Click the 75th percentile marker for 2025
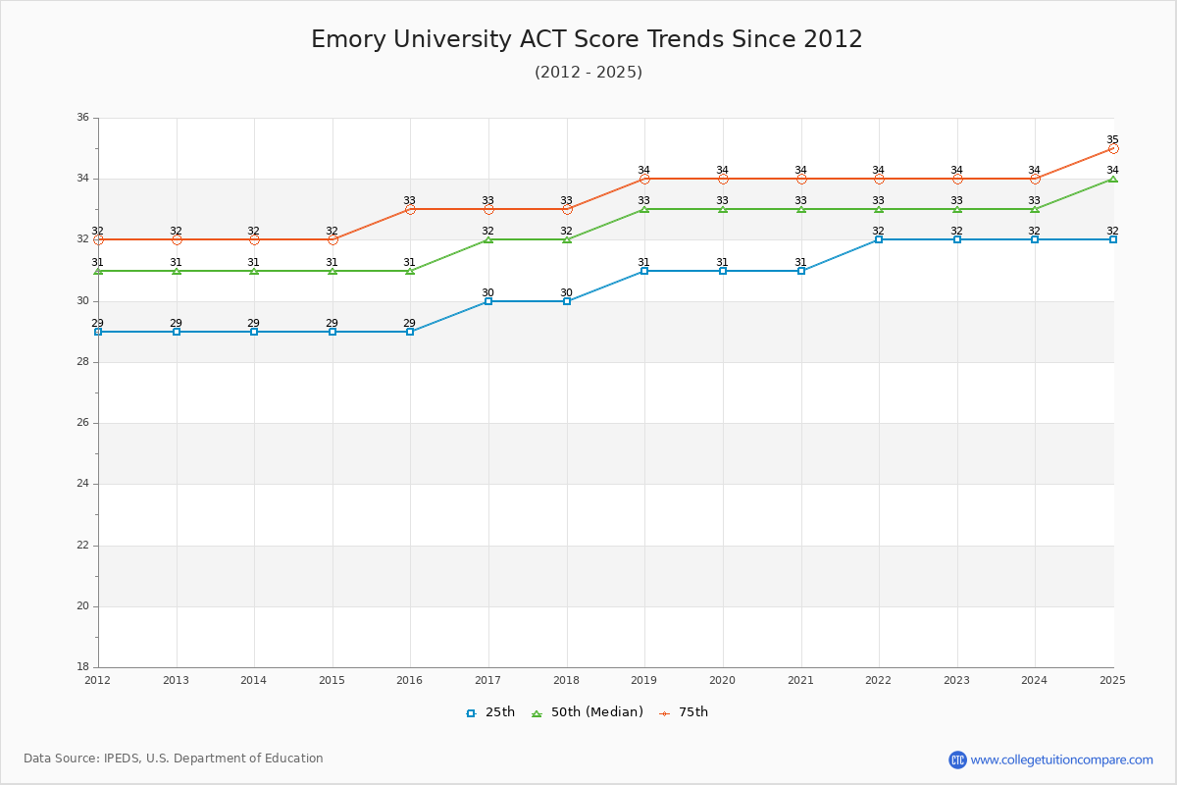pyautogui.click(x=1113, y=148)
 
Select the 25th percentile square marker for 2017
pyautogui.click(x=488, y=301)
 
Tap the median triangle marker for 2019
pyautogui.click(x=644, y=209)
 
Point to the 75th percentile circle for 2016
pyautogui.click(x=410, y=209)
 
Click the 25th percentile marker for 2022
pyautogui.click(x=879, y=239)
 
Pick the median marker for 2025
pyautogui.click(x=1113, y=179)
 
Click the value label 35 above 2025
pyautogui.click(x=1112, y=139)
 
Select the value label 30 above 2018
pyautogui.click(x=566, y=292)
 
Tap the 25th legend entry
pyautogui.click(x=490, y=712)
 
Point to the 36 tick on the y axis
pyautogui.click(x=82, y=118)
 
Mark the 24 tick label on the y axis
pyautogui.click(x=82, y=484)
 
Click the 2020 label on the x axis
pyautogui.click(x=722, y=680)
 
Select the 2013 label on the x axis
pyautogui.click(x=176, y=680)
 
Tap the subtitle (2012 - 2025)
pyautogui.click(x=588, y=72)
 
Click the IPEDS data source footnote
pyautogui.click(x=174, y=759)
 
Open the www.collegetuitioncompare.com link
pyautogui.click(x=1062, y=759)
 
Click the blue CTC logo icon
pyautogui.click(x=957, y=759)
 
